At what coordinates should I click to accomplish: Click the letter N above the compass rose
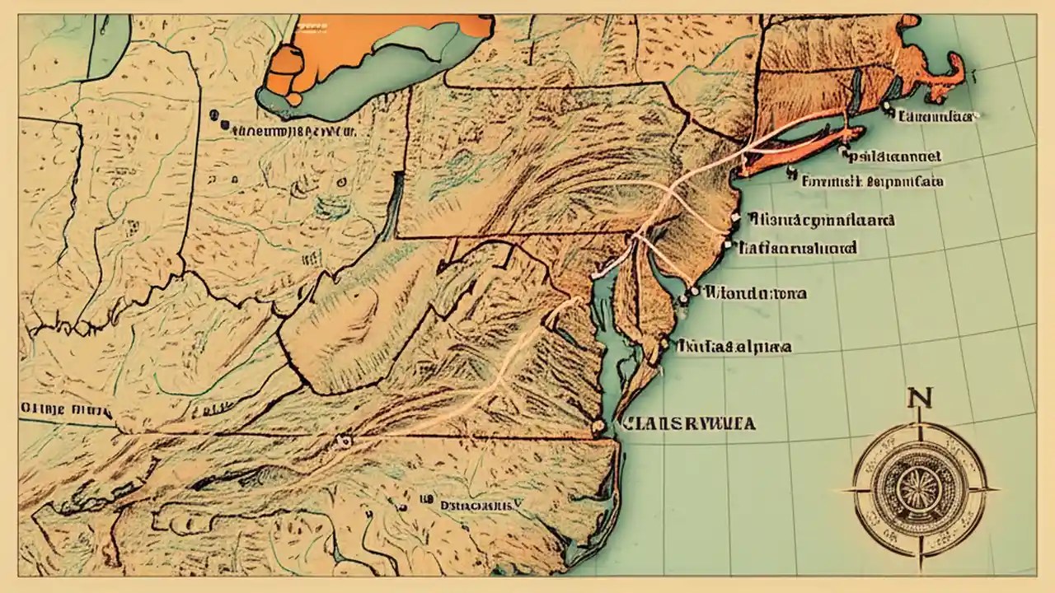click(x=916, y=399)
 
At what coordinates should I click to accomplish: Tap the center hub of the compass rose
click(x=918, y=489)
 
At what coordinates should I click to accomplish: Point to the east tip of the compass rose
click(x=993, y=489)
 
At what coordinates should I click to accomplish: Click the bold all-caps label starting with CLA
click(x=690, y=424)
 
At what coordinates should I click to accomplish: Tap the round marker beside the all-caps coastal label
click(x=598, y=427)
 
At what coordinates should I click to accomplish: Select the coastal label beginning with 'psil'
click(x=895, y=155)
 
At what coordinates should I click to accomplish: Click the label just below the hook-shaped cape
click(x=936, y=117)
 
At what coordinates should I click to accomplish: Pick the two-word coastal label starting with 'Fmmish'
click(x=874, y=180)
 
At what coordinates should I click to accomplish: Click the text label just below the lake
click(x=293, y=130)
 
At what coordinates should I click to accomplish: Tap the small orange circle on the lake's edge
click(x=294, y=99)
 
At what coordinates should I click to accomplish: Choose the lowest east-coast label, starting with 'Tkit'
click(x=733, y=346)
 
